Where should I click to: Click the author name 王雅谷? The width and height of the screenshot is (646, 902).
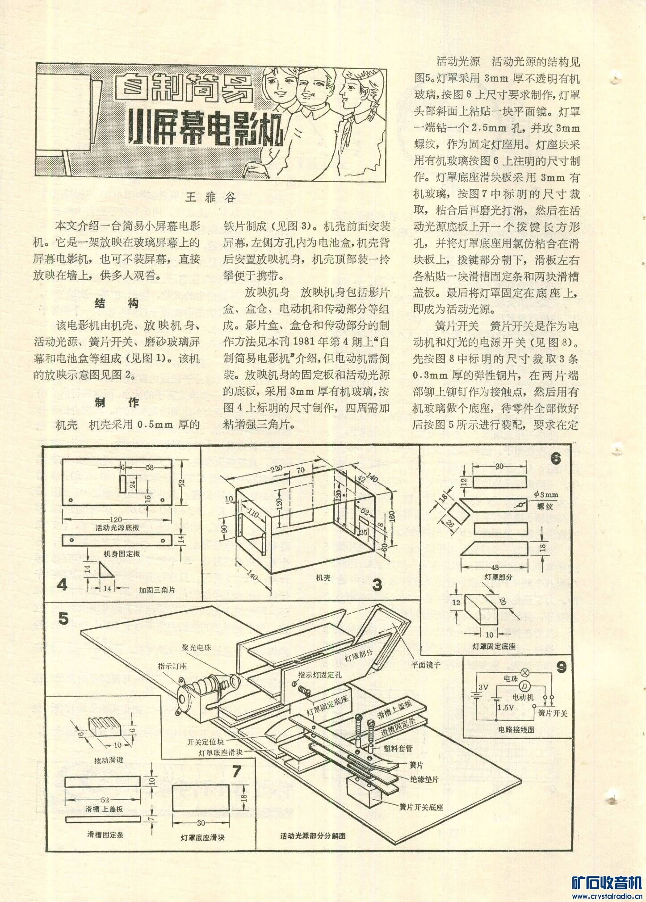[210, 197]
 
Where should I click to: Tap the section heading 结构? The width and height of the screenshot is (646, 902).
[117, 304]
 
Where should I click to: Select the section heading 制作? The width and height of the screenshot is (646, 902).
[117, 402]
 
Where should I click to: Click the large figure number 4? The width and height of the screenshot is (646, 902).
[62, 584]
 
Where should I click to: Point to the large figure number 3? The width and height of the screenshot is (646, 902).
[377, 585]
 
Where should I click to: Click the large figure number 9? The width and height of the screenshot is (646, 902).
[561, 667]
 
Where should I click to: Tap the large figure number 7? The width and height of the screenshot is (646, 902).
[236, 771]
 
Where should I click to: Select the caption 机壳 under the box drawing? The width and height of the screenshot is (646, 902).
[323, 577]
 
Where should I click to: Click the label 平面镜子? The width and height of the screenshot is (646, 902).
[426, 664]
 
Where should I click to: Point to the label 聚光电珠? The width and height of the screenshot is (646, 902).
[196, 647]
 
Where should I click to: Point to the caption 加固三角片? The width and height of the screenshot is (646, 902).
[157, 590]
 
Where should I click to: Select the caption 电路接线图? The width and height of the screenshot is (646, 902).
[516, 730]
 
